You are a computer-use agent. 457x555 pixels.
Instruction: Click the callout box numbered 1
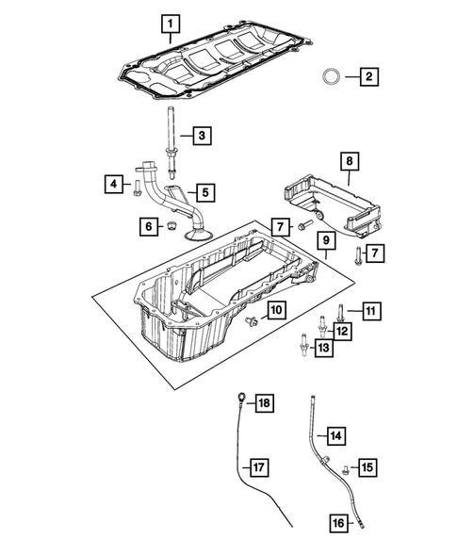170,22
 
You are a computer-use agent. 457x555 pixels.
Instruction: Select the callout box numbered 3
202,138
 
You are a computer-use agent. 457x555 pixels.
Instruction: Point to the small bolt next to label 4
139,185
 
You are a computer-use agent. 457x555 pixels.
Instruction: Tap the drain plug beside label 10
250,323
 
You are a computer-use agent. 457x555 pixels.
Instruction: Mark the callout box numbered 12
342,331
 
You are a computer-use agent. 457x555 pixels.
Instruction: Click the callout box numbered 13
322,349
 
